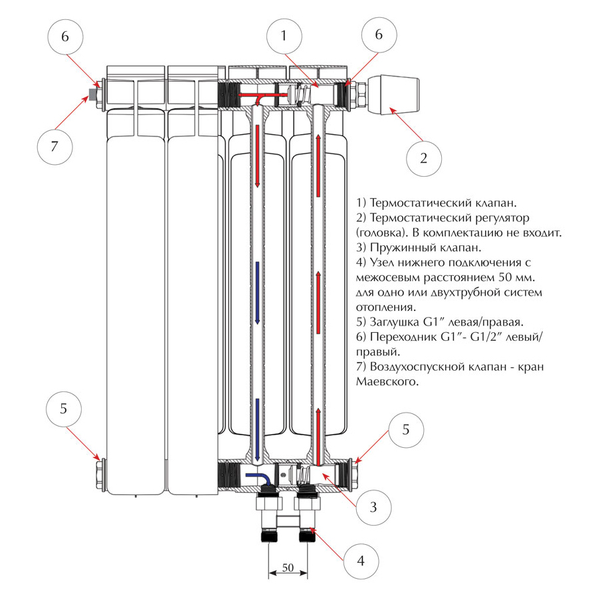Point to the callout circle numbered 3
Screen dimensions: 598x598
[373, 507]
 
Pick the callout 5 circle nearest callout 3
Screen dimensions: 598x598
[406, 430]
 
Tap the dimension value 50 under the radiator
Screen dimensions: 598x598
[288, 568]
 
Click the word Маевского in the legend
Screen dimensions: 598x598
[387, 382]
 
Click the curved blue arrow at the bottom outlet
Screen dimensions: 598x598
[256, 477]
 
